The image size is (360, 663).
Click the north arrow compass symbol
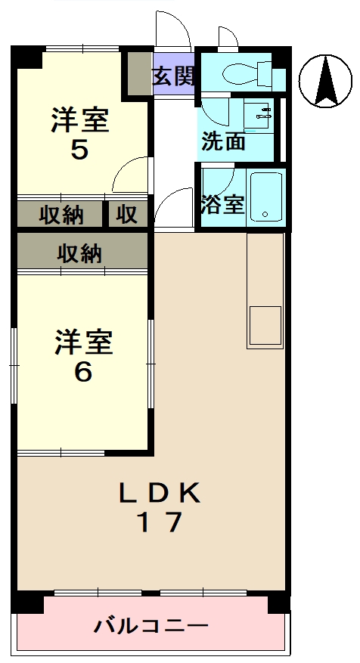click(x=326, y=82)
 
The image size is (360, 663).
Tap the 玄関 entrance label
click(x=173, y=76)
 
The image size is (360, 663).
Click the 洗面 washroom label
click(x=223, y=141)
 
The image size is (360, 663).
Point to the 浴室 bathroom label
click(x=223, y=204)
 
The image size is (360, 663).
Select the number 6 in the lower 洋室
click(x=83, y=372)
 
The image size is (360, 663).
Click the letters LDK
click(x=159, y=494)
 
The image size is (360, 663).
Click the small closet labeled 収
click(x=127, y=215)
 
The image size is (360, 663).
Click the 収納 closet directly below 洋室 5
click(x=61, y=215)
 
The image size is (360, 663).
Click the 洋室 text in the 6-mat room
click(x=83, y=342)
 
